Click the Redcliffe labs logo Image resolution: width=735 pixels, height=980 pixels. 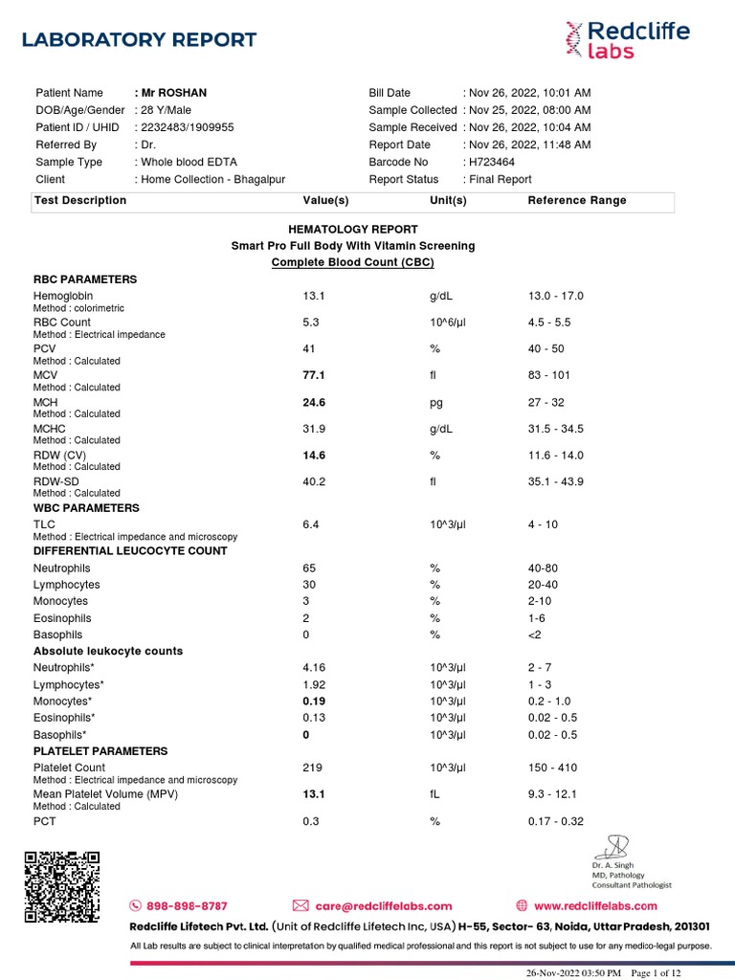626,39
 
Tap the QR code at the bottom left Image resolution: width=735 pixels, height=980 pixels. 61,887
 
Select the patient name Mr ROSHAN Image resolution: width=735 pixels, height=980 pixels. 173,93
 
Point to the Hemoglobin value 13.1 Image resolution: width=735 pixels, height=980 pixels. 314,297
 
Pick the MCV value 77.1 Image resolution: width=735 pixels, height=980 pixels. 314,376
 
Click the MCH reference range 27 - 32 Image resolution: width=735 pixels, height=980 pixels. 548,403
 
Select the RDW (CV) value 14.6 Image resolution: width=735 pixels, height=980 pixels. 314,456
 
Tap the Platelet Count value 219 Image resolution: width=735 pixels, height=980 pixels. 313,768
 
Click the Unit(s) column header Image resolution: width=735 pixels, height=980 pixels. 448,200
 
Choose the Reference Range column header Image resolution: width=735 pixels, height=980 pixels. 577,200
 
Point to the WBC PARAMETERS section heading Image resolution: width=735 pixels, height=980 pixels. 86,508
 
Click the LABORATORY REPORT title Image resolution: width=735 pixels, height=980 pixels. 139,40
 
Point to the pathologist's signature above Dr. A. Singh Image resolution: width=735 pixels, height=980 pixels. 612,846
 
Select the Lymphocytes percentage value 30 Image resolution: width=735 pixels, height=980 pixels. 309,585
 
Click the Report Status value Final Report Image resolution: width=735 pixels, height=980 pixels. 500,179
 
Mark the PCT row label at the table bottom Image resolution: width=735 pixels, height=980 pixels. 45,821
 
